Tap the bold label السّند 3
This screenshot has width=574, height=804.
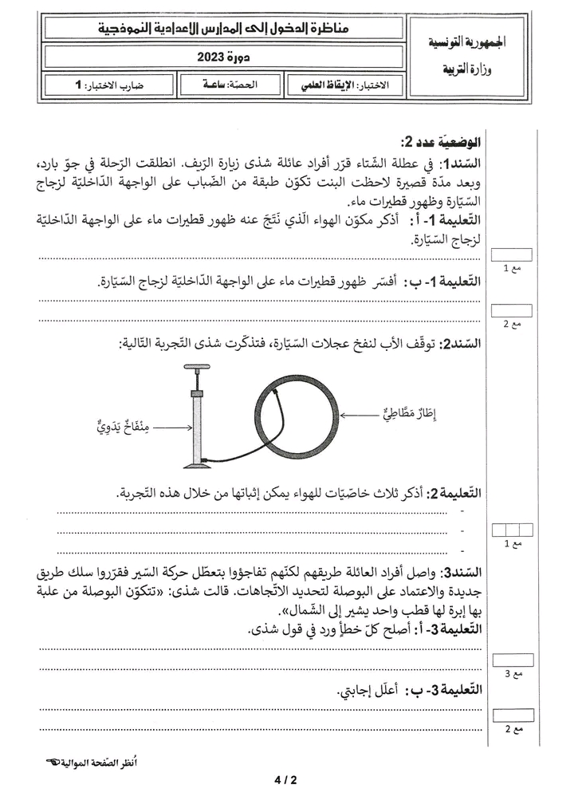pos(462,572)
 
